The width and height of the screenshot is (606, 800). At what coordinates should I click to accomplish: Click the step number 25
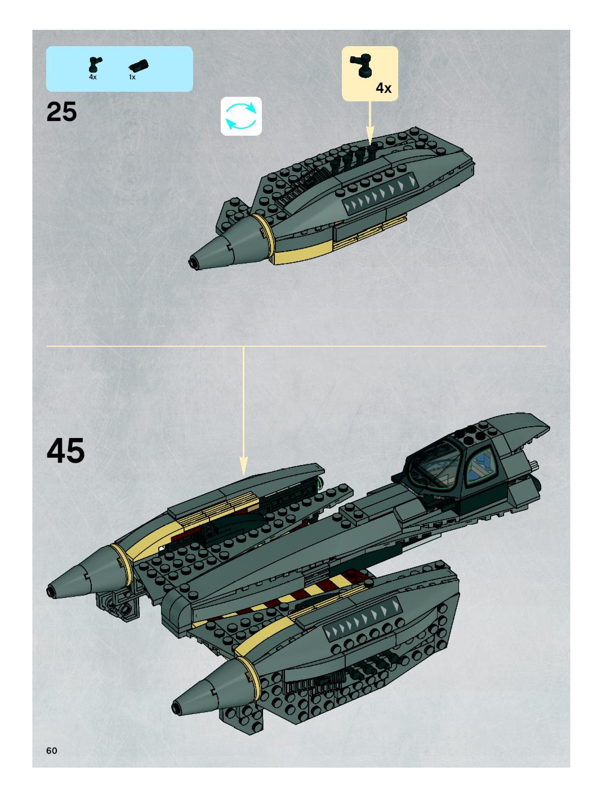click(x=61, y=112)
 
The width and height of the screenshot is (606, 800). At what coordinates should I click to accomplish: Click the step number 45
click(x=66, y=450)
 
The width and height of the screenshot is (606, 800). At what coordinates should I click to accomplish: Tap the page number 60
click(x=52, y=750)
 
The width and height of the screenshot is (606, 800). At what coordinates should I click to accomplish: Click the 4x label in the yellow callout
click(x=383, y=88)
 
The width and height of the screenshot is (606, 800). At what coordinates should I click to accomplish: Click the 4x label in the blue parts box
click(x=93, y=77)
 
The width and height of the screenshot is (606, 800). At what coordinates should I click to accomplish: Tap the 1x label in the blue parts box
click(x=132, y=77)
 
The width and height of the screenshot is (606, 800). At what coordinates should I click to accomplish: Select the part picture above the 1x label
click(x=139, y=65)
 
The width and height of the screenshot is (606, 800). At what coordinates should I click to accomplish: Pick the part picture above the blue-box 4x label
click(x=95, y=64)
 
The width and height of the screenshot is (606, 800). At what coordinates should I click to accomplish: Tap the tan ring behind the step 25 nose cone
click(x=264, y=233)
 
